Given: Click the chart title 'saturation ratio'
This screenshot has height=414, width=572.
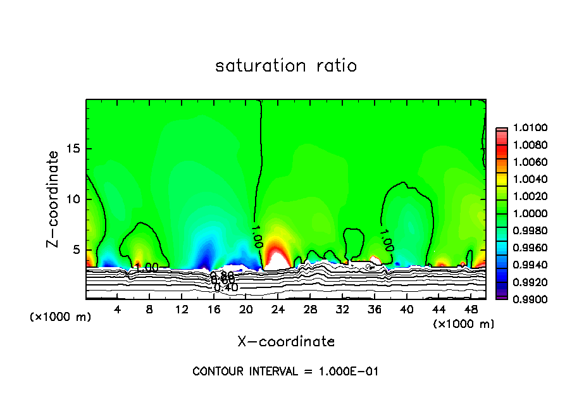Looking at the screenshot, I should tap(286, 66).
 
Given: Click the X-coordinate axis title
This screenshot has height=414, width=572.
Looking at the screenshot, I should tap(286, 342).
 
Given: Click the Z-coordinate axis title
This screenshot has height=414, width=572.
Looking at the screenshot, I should tap(54, 199).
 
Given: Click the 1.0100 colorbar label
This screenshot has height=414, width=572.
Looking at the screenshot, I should tap(524, 129).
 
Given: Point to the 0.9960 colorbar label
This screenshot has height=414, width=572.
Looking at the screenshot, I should tap(524, 247).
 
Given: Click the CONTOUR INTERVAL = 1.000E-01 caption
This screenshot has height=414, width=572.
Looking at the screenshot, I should tap(285, 372).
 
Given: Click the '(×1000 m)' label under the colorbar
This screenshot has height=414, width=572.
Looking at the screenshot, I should tap(464, 324).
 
